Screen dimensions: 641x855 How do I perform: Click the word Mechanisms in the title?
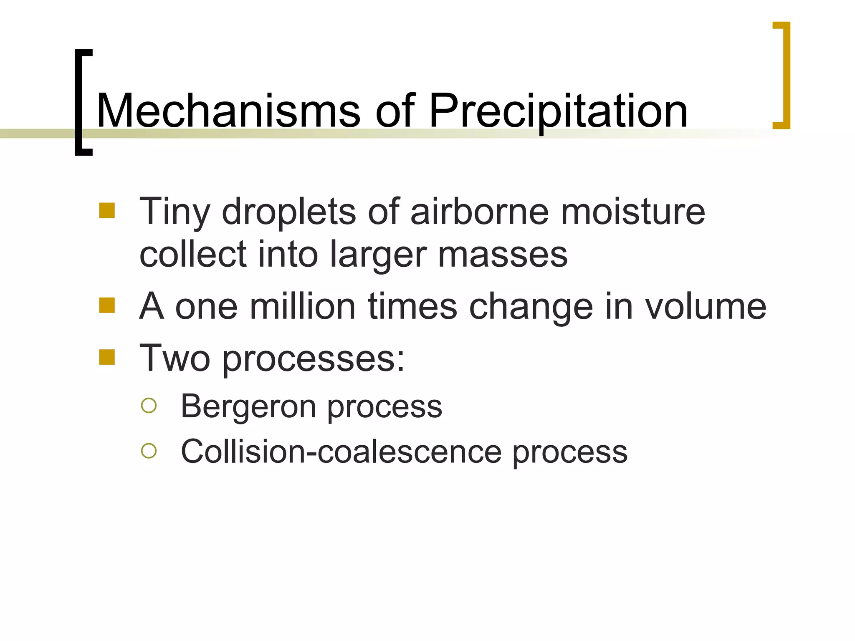point(228,111)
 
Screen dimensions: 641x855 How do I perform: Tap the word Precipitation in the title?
point(558,111)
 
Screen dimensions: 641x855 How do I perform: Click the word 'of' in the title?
point(395,111)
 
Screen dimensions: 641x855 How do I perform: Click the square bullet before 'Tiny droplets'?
point(107,211)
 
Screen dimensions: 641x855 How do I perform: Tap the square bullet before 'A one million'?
point(107,305)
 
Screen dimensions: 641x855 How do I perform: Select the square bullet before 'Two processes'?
point(107,357)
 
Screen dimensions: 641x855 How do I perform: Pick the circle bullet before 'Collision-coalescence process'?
point(149,451)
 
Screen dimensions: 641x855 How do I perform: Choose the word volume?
point(706,306)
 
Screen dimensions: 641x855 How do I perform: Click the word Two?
point(175,358)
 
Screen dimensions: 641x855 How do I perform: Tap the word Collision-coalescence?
point(341,452)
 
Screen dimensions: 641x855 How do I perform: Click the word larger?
point(378,256)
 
